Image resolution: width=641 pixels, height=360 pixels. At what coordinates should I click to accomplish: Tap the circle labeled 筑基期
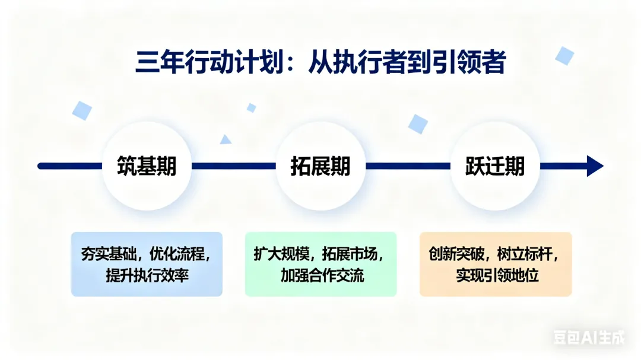click(147, 166)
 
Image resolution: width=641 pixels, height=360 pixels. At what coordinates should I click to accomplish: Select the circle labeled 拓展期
click(320, 166)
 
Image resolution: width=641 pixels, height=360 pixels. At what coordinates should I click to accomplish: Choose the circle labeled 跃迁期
click(495, 166)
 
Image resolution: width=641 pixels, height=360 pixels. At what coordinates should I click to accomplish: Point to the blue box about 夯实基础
click(147, 264)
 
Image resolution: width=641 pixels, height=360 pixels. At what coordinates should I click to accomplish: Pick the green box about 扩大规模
click(320, 264)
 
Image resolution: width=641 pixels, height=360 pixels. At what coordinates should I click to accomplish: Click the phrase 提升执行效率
click(147, 275)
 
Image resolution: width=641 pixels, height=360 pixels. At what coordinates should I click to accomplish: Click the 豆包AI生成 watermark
click(589, 338)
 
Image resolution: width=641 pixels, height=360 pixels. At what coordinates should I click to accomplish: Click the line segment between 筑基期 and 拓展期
click(233, 166)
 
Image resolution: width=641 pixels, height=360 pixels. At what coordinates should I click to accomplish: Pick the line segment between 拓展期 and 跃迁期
click(408, 166)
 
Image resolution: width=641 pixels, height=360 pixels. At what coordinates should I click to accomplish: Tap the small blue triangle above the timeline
click(225, 140)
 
